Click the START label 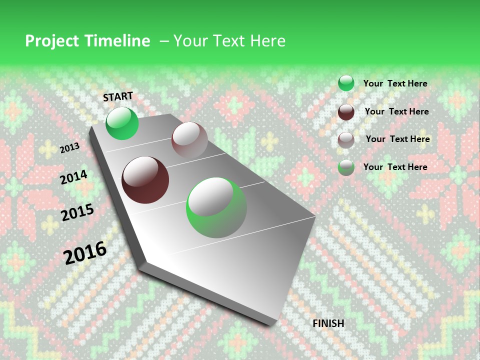coord(118,96)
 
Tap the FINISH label coord(328,323)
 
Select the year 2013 coord(69,147)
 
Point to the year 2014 coord(73,177)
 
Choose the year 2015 coord(77,212)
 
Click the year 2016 coord(85,252)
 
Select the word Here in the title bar coord(268,41)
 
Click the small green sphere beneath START coord(122,123)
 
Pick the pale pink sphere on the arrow coord(189,139)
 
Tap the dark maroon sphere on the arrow coord(145,179)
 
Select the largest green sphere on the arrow coord(216,207)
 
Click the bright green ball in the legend coord(346,83)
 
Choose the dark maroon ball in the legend coord(346,111)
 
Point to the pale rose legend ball coord(346,139)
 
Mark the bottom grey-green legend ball coord(346,167)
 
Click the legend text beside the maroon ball coord(396,111)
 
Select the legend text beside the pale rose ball coord(397,139)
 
